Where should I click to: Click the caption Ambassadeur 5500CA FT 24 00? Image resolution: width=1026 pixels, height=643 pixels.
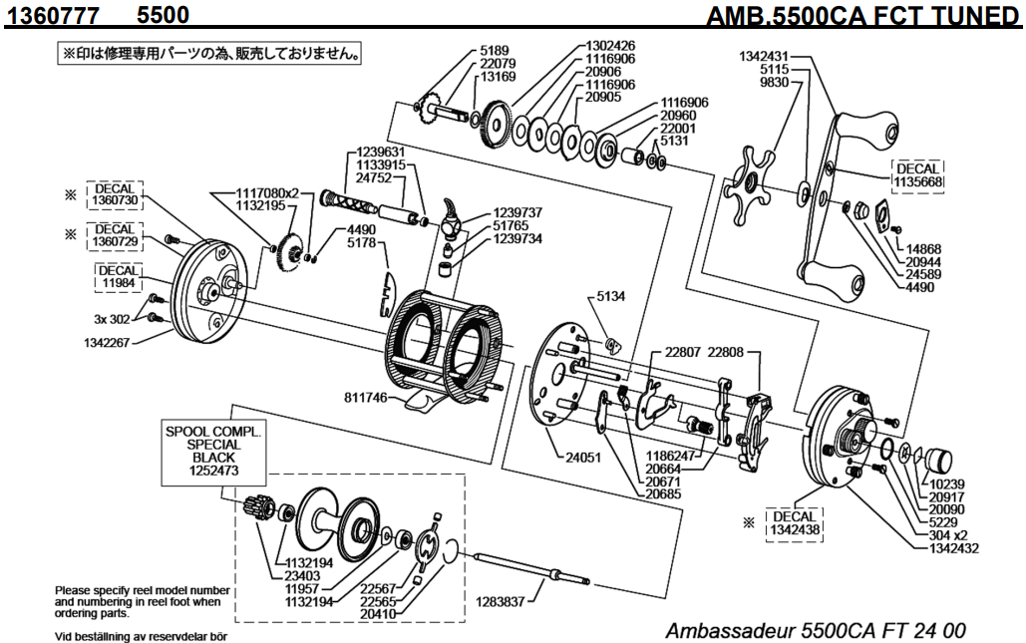[815, 630]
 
